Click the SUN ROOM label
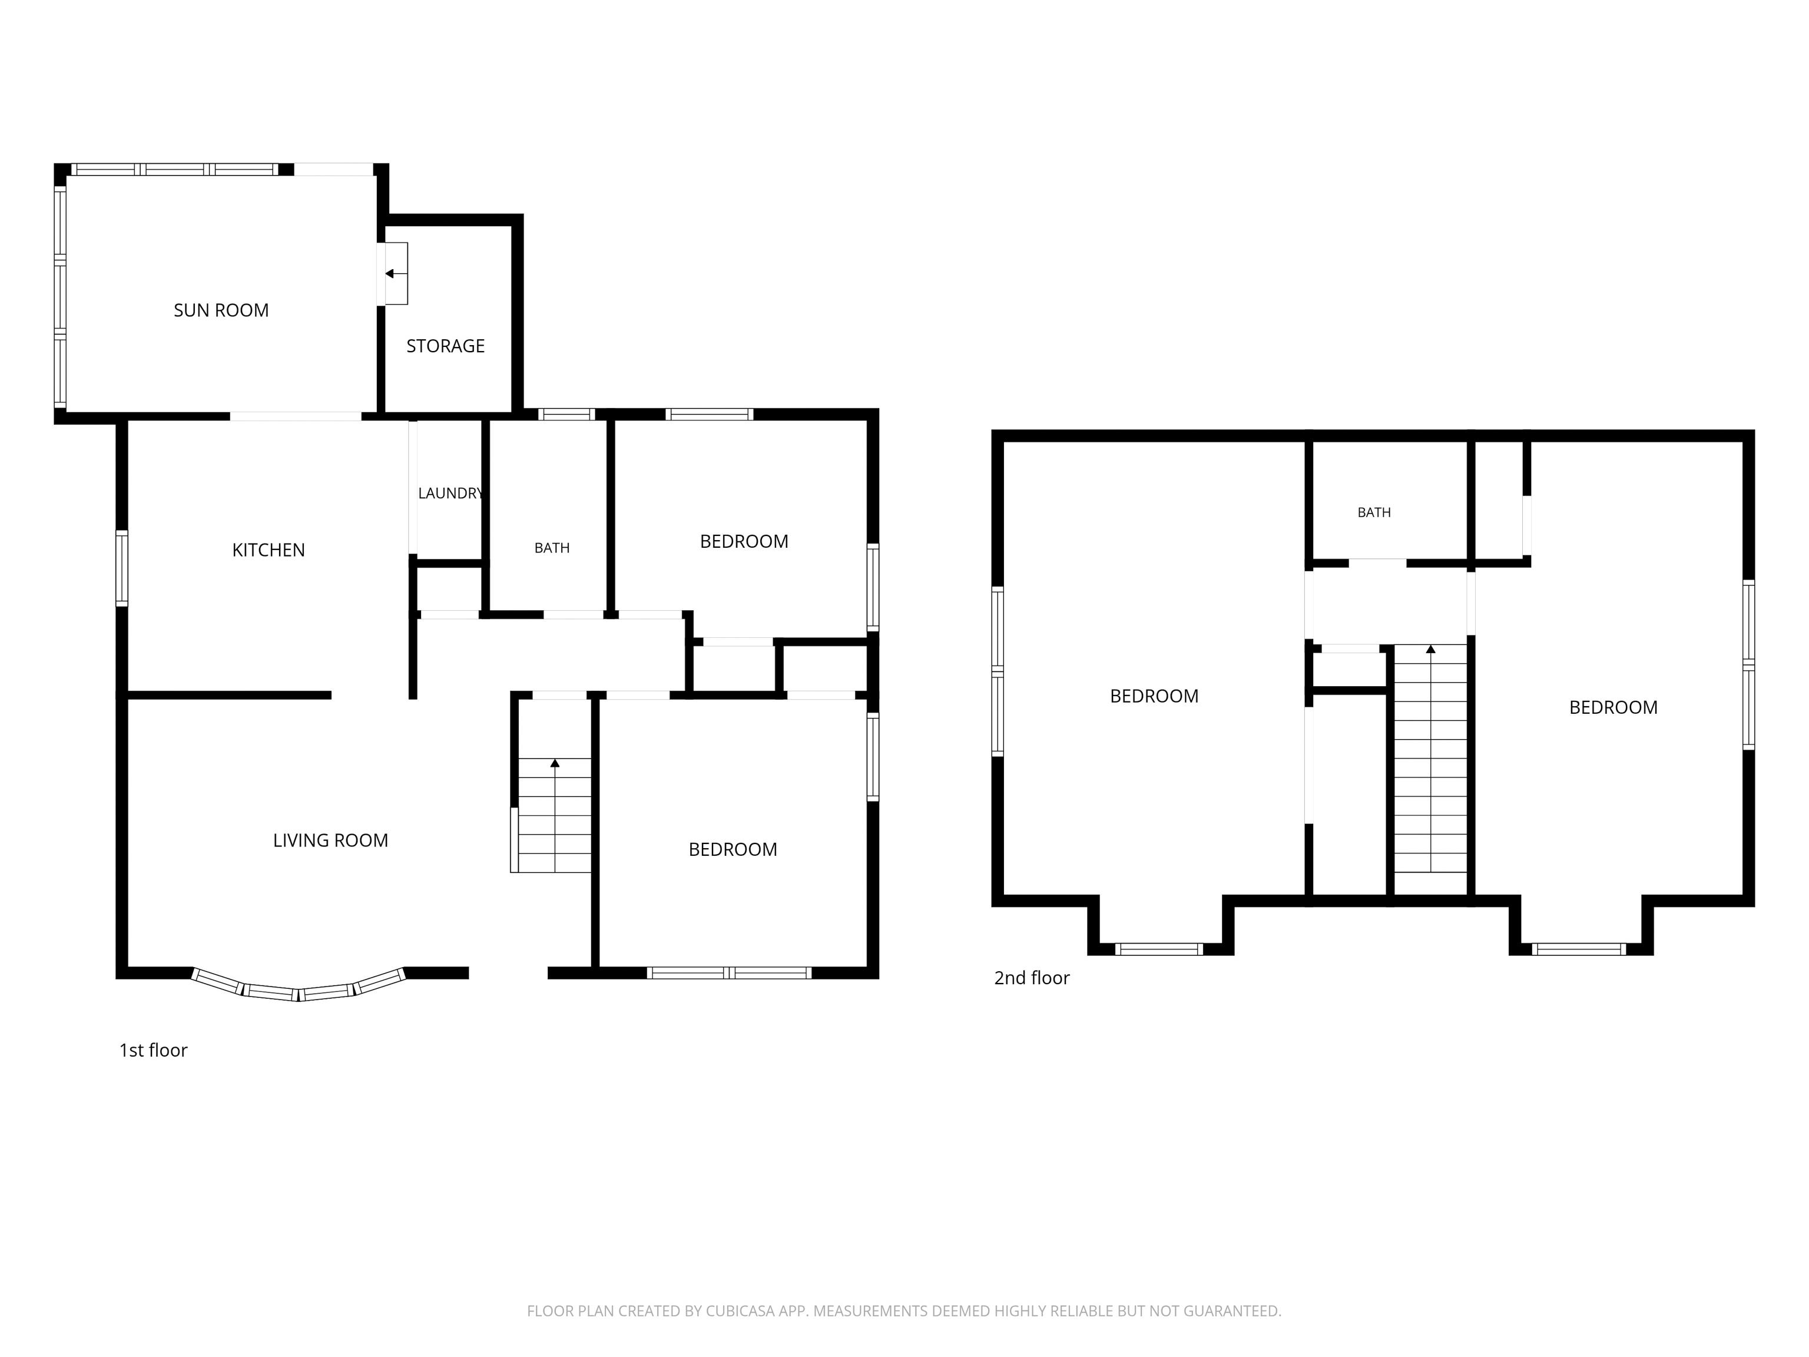click(x=221, y=310)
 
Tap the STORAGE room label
click(x=446, y=346)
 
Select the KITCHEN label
click(x=269, y=550)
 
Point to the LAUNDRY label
click(x=450, y=493)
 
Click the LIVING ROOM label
click(x=330, y=840)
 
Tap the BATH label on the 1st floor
click(x=552, y=548)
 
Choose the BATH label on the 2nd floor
click(x=1374, y=512)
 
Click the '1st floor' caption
click(x=154, y=1050)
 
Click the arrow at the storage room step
click(x=396, y=273)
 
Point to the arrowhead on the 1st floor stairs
click(x=555, y=763)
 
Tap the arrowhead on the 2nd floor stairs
click(x=1430, y=650)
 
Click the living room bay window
click(x=299, y=985)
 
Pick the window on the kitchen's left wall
click(x=122, y=568)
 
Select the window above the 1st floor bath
click(x=566, y=414)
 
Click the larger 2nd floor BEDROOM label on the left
click(x=1154, y=696)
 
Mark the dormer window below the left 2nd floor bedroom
click(x=1159, y=949)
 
